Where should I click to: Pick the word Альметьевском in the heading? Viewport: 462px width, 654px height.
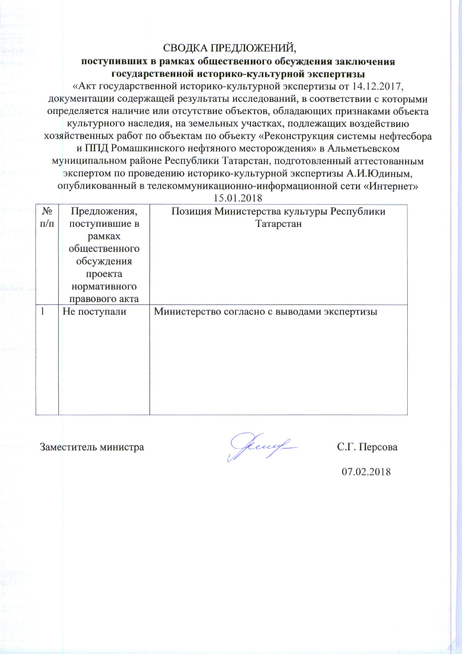point(363,148)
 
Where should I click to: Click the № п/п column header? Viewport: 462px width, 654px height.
point(47,217)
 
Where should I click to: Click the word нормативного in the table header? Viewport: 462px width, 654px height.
point(104,286)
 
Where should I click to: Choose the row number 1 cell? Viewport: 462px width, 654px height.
point(42,311)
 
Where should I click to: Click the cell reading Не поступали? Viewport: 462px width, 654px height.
point(94,311)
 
